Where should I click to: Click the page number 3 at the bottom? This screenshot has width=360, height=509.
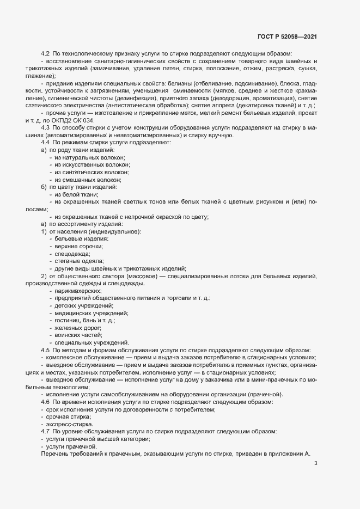click(316, 463)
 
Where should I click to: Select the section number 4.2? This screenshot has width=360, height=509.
click(45, 54)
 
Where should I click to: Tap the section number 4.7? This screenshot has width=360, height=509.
click(45, 431)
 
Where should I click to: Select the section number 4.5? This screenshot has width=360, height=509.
click(45, 350)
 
